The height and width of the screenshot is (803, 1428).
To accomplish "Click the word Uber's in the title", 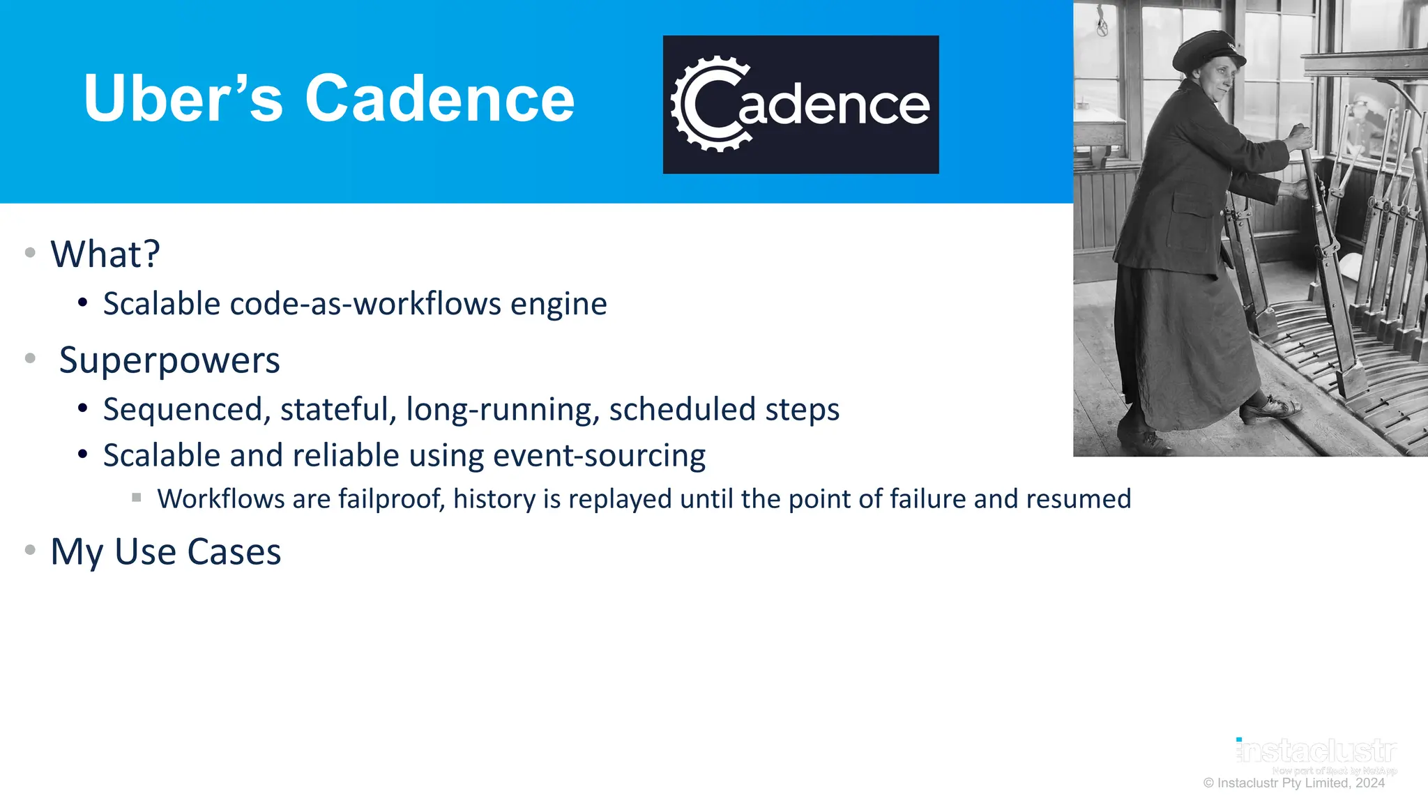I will point(183,99).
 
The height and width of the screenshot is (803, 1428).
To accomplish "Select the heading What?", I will point(105,254).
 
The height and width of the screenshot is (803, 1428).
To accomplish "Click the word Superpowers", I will point(169,360).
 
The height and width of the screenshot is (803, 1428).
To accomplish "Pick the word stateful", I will point(338,409).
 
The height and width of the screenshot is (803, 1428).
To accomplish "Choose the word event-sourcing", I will point(599,456).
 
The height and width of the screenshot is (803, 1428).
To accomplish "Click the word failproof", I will point(391,499).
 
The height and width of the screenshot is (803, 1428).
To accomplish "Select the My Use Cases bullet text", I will point(166,552).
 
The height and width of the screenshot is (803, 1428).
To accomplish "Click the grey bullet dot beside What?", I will point(30,252).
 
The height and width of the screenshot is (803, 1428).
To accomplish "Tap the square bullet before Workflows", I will point(137,498).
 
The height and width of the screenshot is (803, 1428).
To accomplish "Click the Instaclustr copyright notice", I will point(1293,783).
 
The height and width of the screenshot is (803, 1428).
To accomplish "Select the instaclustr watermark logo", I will point(1316,751).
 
